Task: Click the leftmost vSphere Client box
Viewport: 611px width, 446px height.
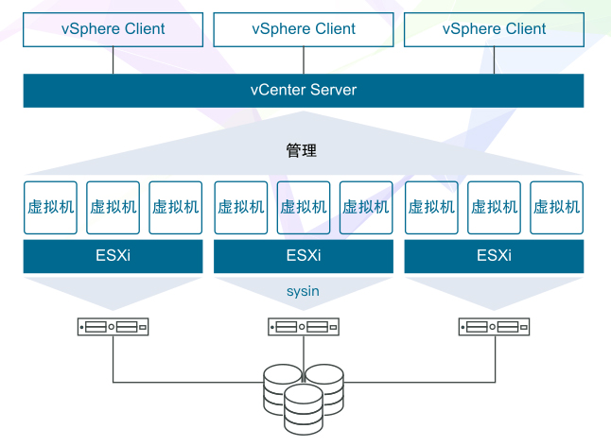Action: click(113, 29)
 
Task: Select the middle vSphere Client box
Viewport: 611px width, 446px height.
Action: click(304, 29)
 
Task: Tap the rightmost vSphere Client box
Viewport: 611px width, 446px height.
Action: click(494, 29)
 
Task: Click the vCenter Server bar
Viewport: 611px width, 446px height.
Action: click(304, 91)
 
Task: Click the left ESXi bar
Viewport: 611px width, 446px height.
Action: click(113, 256)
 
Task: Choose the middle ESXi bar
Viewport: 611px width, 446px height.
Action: click(304, 256)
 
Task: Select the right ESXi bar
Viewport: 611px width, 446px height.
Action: click(494, 256)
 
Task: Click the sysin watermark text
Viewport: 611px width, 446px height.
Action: click(303, 291)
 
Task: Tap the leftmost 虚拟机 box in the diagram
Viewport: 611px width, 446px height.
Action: click(49, 207)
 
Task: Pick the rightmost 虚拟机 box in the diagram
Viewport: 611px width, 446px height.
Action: click(556, 207)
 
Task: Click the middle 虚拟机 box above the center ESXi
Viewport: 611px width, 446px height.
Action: click(304, 207)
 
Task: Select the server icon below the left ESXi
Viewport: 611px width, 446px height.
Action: click(113, 327)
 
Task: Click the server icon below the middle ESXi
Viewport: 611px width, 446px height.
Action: click(304, 327)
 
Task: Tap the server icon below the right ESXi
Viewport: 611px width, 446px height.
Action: click(494, 327)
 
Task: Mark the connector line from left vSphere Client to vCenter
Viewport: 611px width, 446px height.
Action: click(113, 60)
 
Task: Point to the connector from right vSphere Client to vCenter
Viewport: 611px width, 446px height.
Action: click(494, 60)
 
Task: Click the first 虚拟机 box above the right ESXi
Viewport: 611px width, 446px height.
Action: click(431, 207)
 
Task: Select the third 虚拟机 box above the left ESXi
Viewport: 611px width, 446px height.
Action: click(176, 207)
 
